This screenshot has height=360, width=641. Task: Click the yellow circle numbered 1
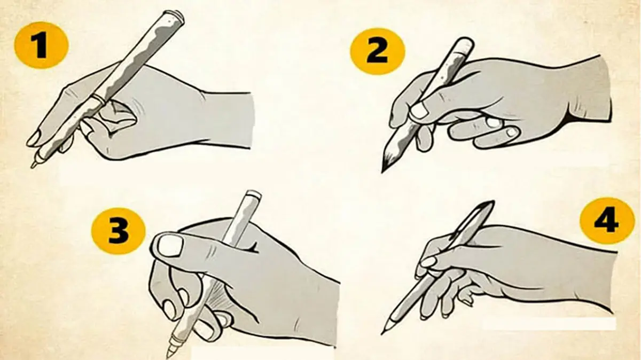[x=42, y=45]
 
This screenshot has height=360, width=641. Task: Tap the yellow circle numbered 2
[x=377, y=51]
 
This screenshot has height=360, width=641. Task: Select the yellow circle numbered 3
[x=118, y=231]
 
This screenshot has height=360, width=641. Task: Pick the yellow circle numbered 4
[x=607, y=221]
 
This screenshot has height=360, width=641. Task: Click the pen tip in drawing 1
[x=33, y=166]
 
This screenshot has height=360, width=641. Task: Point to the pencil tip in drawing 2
[x=383, y=171]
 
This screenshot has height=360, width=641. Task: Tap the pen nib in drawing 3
[x=169, y=355]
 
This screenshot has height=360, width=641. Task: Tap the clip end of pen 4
[x=488, y=206]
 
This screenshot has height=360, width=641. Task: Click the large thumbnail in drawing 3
[x=170, y=246]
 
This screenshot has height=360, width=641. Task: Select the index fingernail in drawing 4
[x=428, y=262]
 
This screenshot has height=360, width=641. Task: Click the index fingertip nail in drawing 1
[x=33, y=139]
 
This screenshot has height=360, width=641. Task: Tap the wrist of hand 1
[x=229, y=120]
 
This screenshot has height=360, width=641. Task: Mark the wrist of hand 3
[x=318, y=309]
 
